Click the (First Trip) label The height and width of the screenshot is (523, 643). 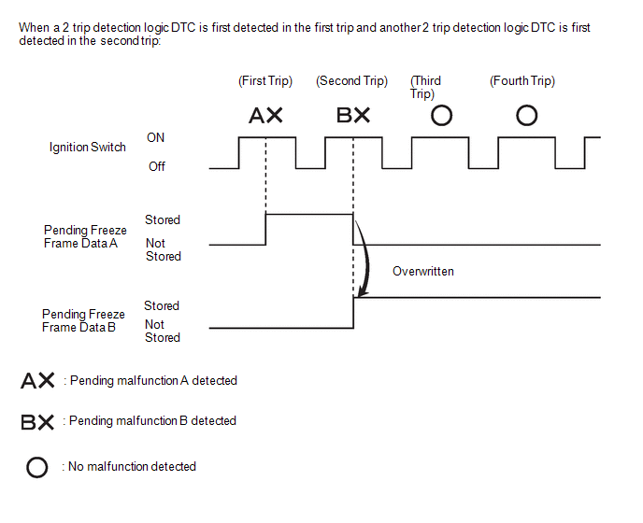pos(265,80)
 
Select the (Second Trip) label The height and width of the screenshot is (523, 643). pos(351,80)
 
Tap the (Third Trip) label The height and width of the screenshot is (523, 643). pos(425,87)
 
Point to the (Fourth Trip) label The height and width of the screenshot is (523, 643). pos(522,80)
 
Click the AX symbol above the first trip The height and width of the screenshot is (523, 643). pos(265,115)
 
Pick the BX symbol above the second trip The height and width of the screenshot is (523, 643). pos(353,115)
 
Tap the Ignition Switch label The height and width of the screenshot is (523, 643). pos(87,148)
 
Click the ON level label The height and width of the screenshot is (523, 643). pos(155,137)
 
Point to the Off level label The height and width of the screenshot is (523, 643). pos(157,166)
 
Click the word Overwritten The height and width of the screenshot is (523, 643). pos(423,272)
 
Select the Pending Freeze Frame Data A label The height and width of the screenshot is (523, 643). pos(85,236)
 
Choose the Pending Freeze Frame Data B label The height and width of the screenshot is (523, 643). pos(83,320)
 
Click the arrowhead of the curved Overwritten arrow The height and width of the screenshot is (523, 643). pos(362,292)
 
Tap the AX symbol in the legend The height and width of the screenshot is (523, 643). pos(37,380)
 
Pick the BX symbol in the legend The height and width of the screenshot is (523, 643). pos(37,422)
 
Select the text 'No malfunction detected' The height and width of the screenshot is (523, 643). pos(132,466)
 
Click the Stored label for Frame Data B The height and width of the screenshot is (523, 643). pos(162,305)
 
